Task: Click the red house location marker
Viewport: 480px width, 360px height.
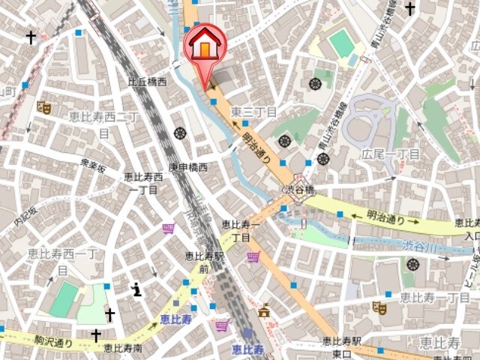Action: (x=205, y=47)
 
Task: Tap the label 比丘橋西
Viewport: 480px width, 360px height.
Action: (x=146, y=82)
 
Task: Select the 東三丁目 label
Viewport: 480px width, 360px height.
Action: (x=253, y=112)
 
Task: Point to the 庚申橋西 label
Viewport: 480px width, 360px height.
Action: (x=187, y=167)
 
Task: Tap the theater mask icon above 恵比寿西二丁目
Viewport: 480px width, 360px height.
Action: (x=43, y=107)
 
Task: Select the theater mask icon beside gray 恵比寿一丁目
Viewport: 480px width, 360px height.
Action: (x=379, y=307)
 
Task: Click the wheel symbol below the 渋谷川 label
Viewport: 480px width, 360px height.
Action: (x=412, y=263)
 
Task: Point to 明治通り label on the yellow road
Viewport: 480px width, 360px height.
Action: (x=385, y=218)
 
